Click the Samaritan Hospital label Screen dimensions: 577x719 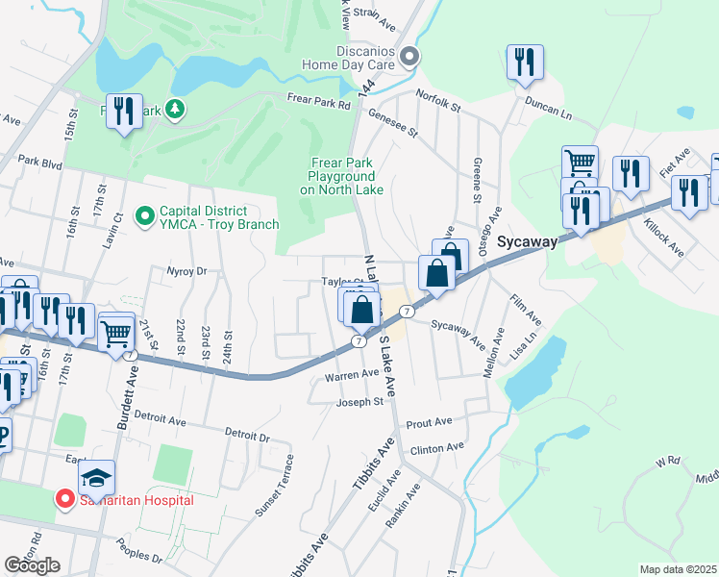click(136, 500)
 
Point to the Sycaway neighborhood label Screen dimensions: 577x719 click(527, 242)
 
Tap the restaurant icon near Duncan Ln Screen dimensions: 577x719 click(525, 63)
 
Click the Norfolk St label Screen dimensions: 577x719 click(439, 97)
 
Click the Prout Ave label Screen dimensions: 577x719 click(429, 422)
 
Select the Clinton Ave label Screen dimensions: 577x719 click(436, 447)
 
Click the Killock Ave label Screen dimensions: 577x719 click(663, 240)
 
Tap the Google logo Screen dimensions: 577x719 click(32, 564)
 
